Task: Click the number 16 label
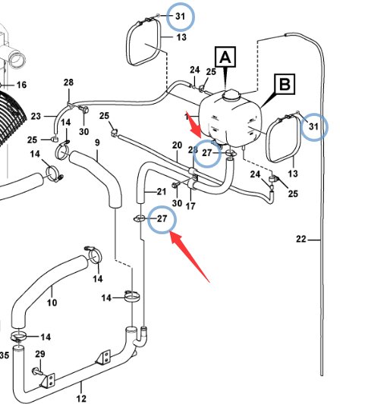pos(21,85)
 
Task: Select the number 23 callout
pos(36,116)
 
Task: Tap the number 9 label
pos(97,142)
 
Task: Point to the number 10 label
pos(52,302)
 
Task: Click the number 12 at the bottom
pos(81,399)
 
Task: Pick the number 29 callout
pos(40,354)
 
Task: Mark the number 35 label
pos(5,355)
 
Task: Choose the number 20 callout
pos(178,146)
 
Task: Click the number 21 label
pos(162,192)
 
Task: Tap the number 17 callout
pos(190,206)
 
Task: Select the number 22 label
pos(301,239)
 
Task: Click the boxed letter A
pos(225,57)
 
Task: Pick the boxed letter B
pos(285,84)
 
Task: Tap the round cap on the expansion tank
pos(231,95)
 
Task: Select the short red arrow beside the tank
pos(194,125)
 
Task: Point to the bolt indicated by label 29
pos(38,371)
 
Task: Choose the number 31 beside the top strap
pos(181,17)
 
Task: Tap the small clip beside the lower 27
pos(140,219)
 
